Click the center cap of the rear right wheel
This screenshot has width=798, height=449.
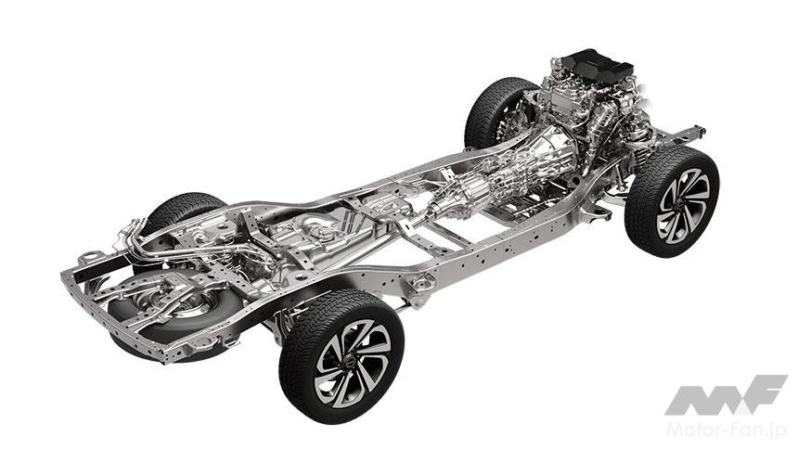point(351,362)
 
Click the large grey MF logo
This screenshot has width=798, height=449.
point(726,395)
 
